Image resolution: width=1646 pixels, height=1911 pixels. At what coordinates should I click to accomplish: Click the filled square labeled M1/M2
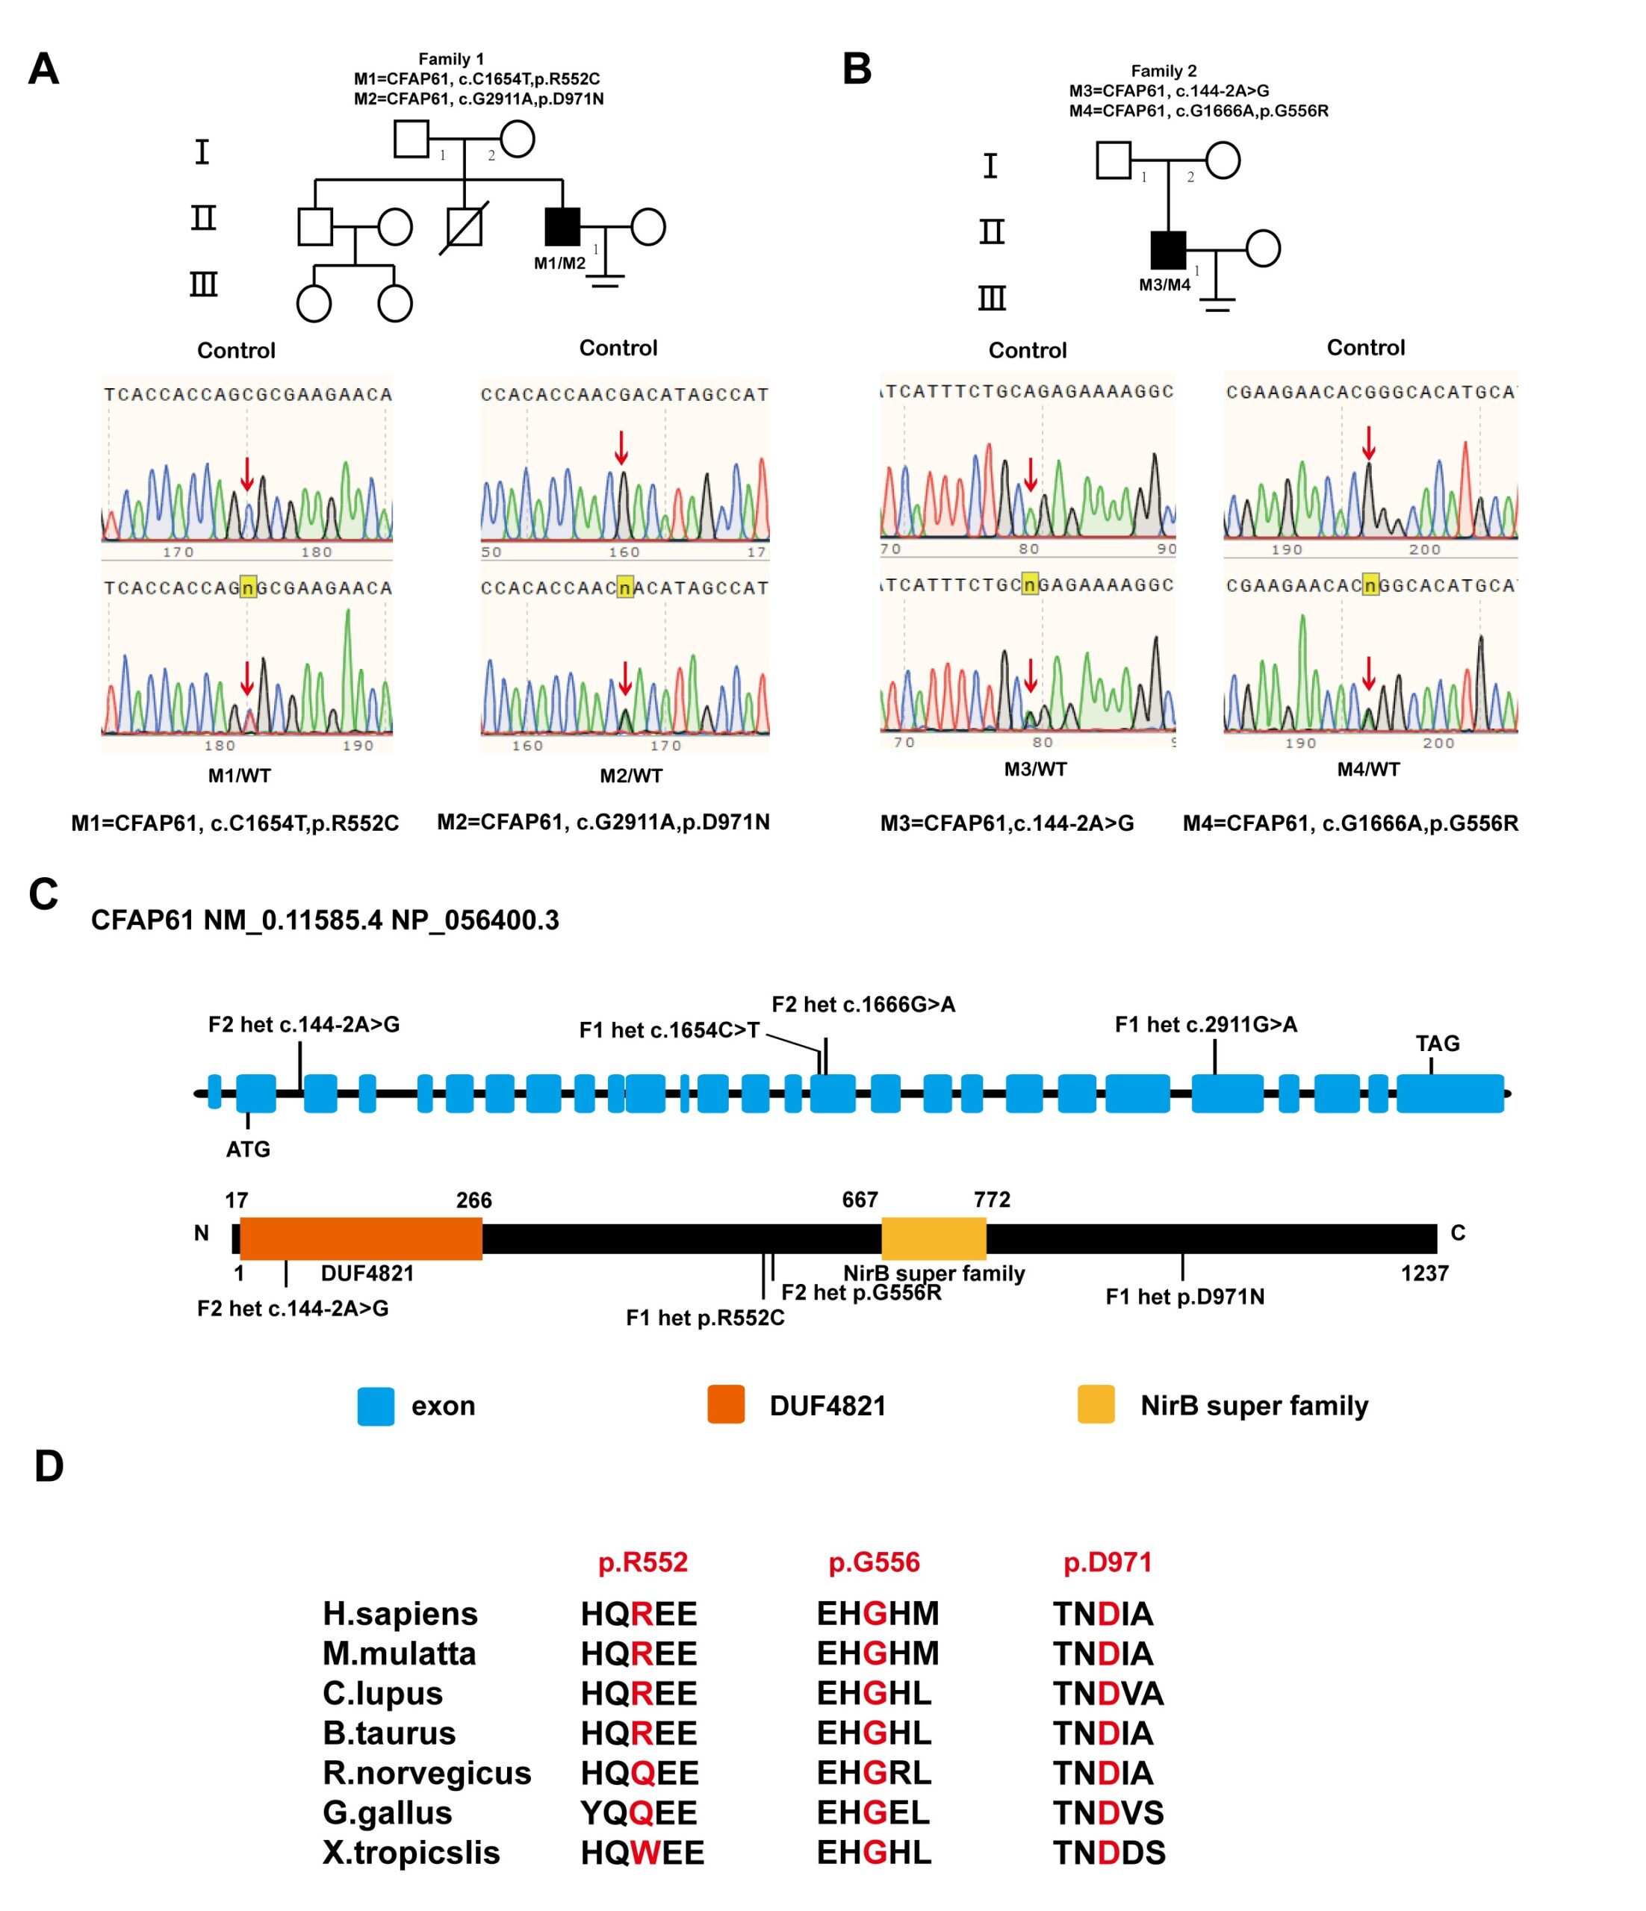562,227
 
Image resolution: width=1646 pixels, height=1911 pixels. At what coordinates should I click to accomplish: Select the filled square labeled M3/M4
1168,249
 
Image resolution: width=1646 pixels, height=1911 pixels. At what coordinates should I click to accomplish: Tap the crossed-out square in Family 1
464,227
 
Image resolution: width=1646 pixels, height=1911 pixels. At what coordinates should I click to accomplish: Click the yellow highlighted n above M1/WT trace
247,587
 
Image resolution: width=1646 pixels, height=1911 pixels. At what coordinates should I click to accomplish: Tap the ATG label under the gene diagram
248,1149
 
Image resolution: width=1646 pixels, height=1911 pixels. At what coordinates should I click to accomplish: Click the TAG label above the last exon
1437,1043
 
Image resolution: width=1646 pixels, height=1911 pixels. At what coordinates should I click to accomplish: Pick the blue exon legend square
376,1406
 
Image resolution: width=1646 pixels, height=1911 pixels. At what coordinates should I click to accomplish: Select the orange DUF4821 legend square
725,1406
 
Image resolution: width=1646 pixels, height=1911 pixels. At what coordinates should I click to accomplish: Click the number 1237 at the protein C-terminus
1423,1274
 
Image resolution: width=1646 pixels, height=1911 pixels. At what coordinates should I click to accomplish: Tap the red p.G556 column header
874,1562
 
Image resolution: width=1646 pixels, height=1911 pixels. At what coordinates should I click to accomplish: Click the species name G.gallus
388,1812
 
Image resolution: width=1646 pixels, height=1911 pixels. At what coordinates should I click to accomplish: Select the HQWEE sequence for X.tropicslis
642,1852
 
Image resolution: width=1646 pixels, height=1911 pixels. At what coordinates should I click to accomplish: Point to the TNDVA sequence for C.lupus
1108,1692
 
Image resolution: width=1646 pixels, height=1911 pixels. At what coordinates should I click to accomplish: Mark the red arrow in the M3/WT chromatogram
1031,676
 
